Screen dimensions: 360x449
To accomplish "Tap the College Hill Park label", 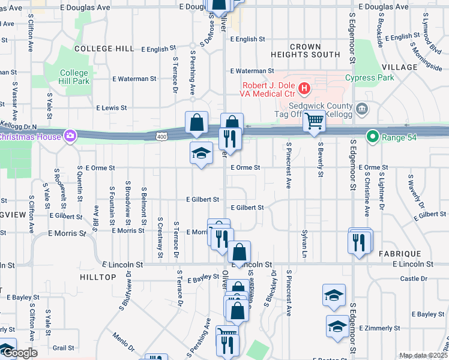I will tap(74, 77).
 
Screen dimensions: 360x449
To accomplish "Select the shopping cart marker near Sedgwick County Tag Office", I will tap(314, 121).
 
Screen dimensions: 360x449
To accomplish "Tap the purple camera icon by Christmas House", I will tap(71, 136).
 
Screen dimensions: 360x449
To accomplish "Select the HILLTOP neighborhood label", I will tap(97, 277).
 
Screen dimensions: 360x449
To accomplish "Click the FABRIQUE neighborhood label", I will tap(399, 254).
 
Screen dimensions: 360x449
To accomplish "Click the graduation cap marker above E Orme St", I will tap(201, 154).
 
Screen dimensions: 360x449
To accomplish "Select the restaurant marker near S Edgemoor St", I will tap(359, 242).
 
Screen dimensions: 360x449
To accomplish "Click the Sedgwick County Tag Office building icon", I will tap(361, 109).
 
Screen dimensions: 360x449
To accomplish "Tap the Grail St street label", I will tap(63, 347).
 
